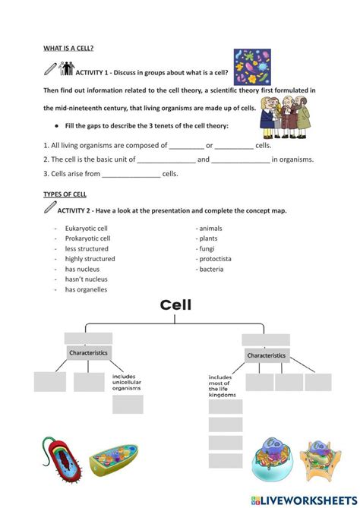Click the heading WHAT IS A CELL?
pyautogui.click(x=68, y=49)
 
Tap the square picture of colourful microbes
pyautogui.click(x=252, y=67)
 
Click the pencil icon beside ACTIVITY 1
pyautogui.click(x=50, y=68)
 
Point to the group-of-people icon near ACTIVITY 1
pyautogui.click(x=66, y=68)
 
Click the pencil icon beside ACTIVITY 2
pyautogui.click(x=50, y=207)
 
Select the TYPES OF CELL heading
pyautogui.click(x=65, y=194)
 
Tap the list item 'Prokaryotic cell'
pyautogui.click(x=87, y=238)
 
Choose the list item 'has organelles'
pyautogui.click(x=86, y=289)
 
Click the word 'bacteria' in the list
pyautogui.click(x=211, y=270)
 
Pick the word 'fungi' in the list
pyautogui.click(x=207, y=249)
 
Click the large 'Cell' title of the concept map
pyautogui.click(x=175, y=304)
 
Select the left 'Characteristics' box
pyautogui.click(x=89, y=352)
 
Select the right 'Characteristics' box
pyautogui.click(x=267, y=355)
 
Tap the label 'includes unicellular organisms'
pyautogui.click(x=127, y=382)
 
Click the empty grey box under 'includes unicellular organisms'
pyautogui.click(x=128, y=404)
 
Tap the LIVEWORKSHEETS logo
pyautogui.click(x=304, y=500)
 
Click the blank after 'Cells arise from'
pyautogui.click(x=131, y=175)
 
